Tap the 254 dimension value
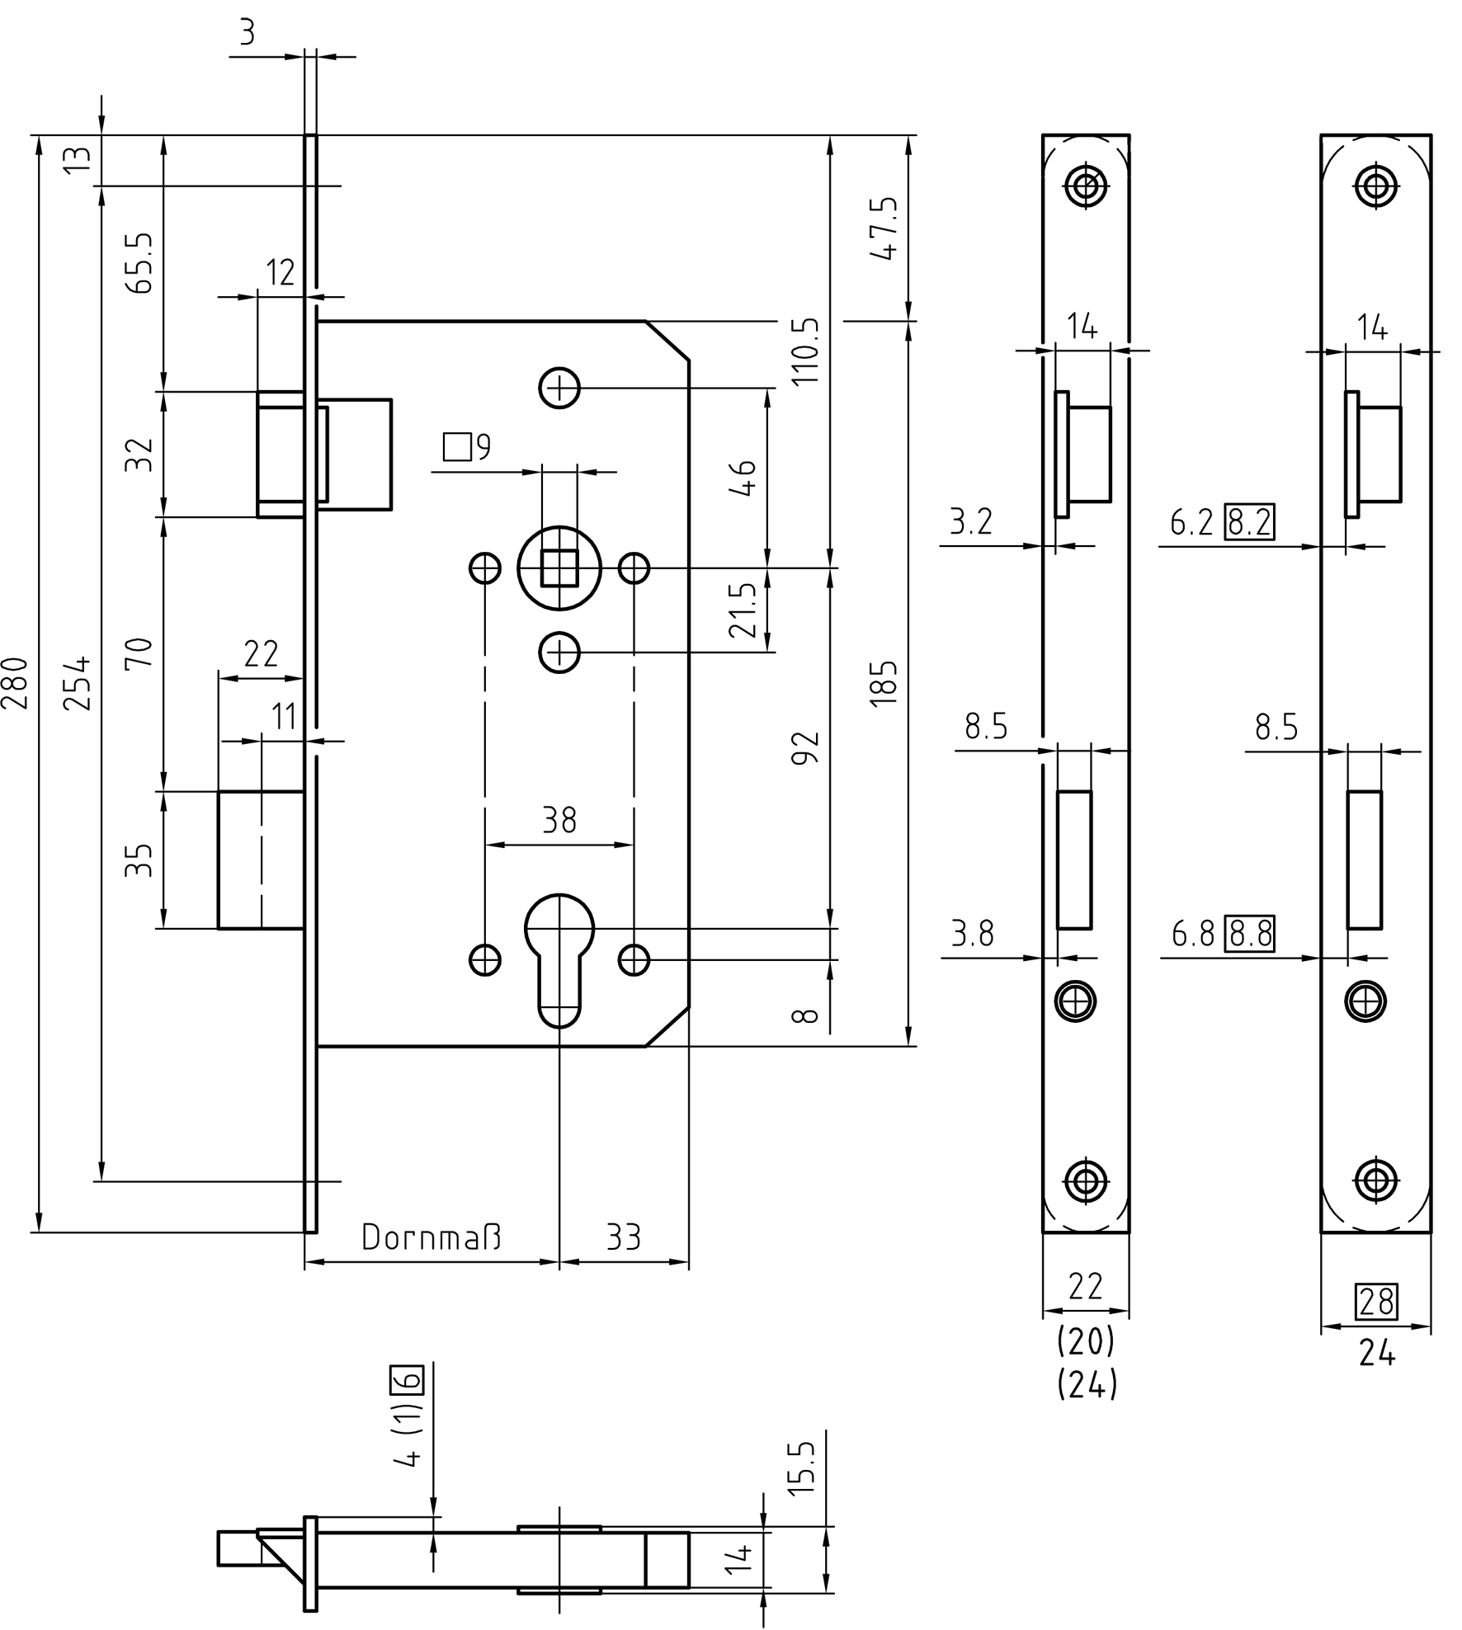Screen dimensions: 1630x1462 coord(78,683)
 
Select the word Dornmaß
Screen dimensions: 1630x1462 coord(431,1237)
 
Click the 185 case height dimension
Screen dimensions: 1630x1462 coord(884,682)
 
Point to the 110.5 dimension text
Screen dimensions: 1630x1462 coord(806,351)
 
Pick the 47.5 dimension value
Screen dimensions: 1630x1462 coord(884,228)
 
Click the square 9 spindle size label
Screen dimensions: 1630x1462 coord(467,447)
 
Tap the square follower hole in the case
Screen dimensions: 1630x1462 coord(559,568)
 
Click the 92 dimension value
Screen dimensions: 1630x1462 coord(806,747)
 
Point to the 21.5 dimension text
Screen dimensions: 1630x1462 coord(743,610)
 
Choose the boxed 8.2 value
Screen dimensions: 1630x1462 coord(1249,522)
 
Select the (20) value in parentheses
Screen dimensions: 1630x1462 coord(1086,1342)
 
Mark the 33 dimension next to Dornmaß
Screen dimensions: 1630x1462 coord(624,1237)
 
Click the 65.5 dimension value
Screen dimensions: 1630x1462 coord(139,263)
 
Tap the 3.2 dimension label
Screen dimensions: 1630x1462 coord(971,521)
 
